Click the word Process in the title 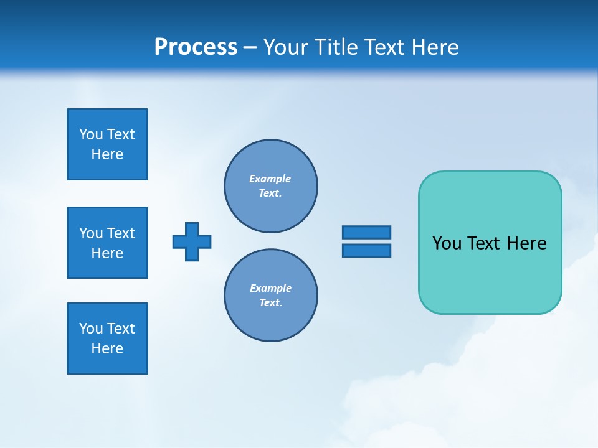(196, 47)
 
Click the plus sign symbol (192, 241)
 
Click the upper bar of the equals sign (366, 232)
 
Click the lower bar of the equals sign (366, 250)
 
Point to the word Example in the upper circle (270, 179)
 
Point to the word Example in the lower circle (270, 288)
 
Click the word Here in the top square (107, 154)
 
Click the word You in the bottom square (91, 329)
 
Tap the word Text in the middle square (121, 233)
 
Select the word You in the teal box (447, 243)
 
